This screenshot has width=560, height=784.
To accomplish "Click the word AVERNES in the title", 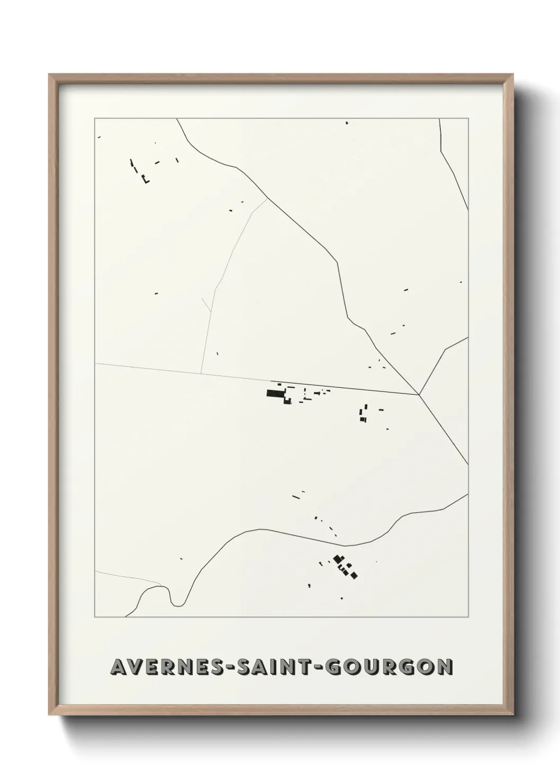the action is click(162, 667).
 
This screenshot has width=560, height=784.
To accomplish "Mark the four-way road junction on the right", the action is click(419, 394).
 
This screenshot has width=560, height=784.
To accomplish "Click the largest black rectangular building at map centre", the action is click(274, 393).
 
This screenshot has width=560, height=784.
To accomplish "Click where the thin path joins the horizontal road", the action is click(201, 373).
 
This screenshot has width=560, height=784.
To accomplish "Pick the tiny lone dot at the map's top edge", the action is click(347, 123).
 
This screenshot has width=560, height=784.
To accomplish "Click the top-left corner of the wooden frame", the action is click(50, 75).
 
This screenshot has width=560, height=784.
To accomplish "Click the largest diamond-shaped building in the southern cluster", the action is click(337, 558).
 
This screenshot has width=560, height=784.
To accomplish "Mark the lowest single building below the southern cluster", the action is click(341, 598).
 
